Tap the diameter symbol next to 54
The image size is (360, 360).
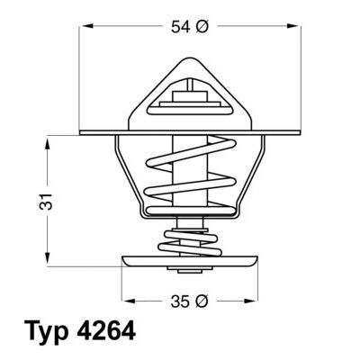(202, 28)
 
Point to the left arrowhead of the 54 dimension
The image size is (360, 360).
(86, 28)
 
